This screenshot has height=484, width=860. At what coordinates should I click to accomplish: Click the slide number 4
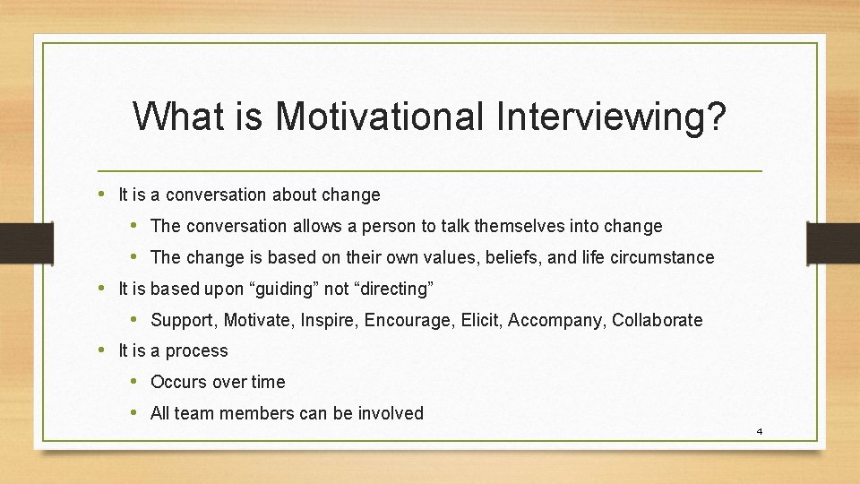[x=759, y=432]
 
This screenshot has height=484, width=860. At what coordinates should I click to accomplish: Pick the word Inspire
[x=328, y=320]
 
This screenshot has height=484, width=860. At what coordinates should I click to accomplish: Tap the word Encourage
[x=407, y=320]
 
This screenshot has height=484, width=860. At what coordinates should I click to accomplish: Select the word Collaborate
[x=657, y=320]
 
